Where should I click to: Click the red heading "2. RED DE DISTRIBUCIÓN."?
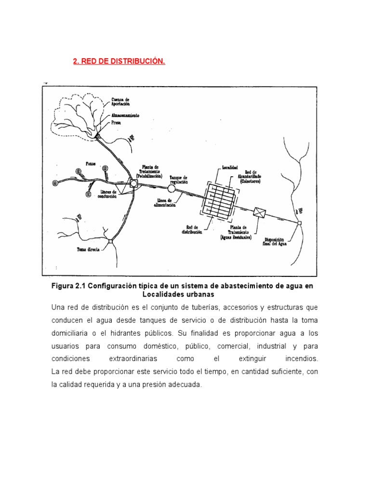[x=119, y=62]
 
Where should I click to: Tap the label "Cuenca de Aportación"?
[x=120, y=102]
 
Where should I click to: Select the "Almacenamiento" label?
[x=126, y=116]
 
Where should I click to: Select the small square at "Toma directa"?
[x=110, y=241]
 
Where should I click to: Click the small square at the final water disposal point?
[x=299, y=223]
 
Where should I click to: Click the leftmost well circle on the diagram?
[x=55, y=182]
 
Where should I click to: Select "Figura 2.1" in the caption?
[x=69, y=286]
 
